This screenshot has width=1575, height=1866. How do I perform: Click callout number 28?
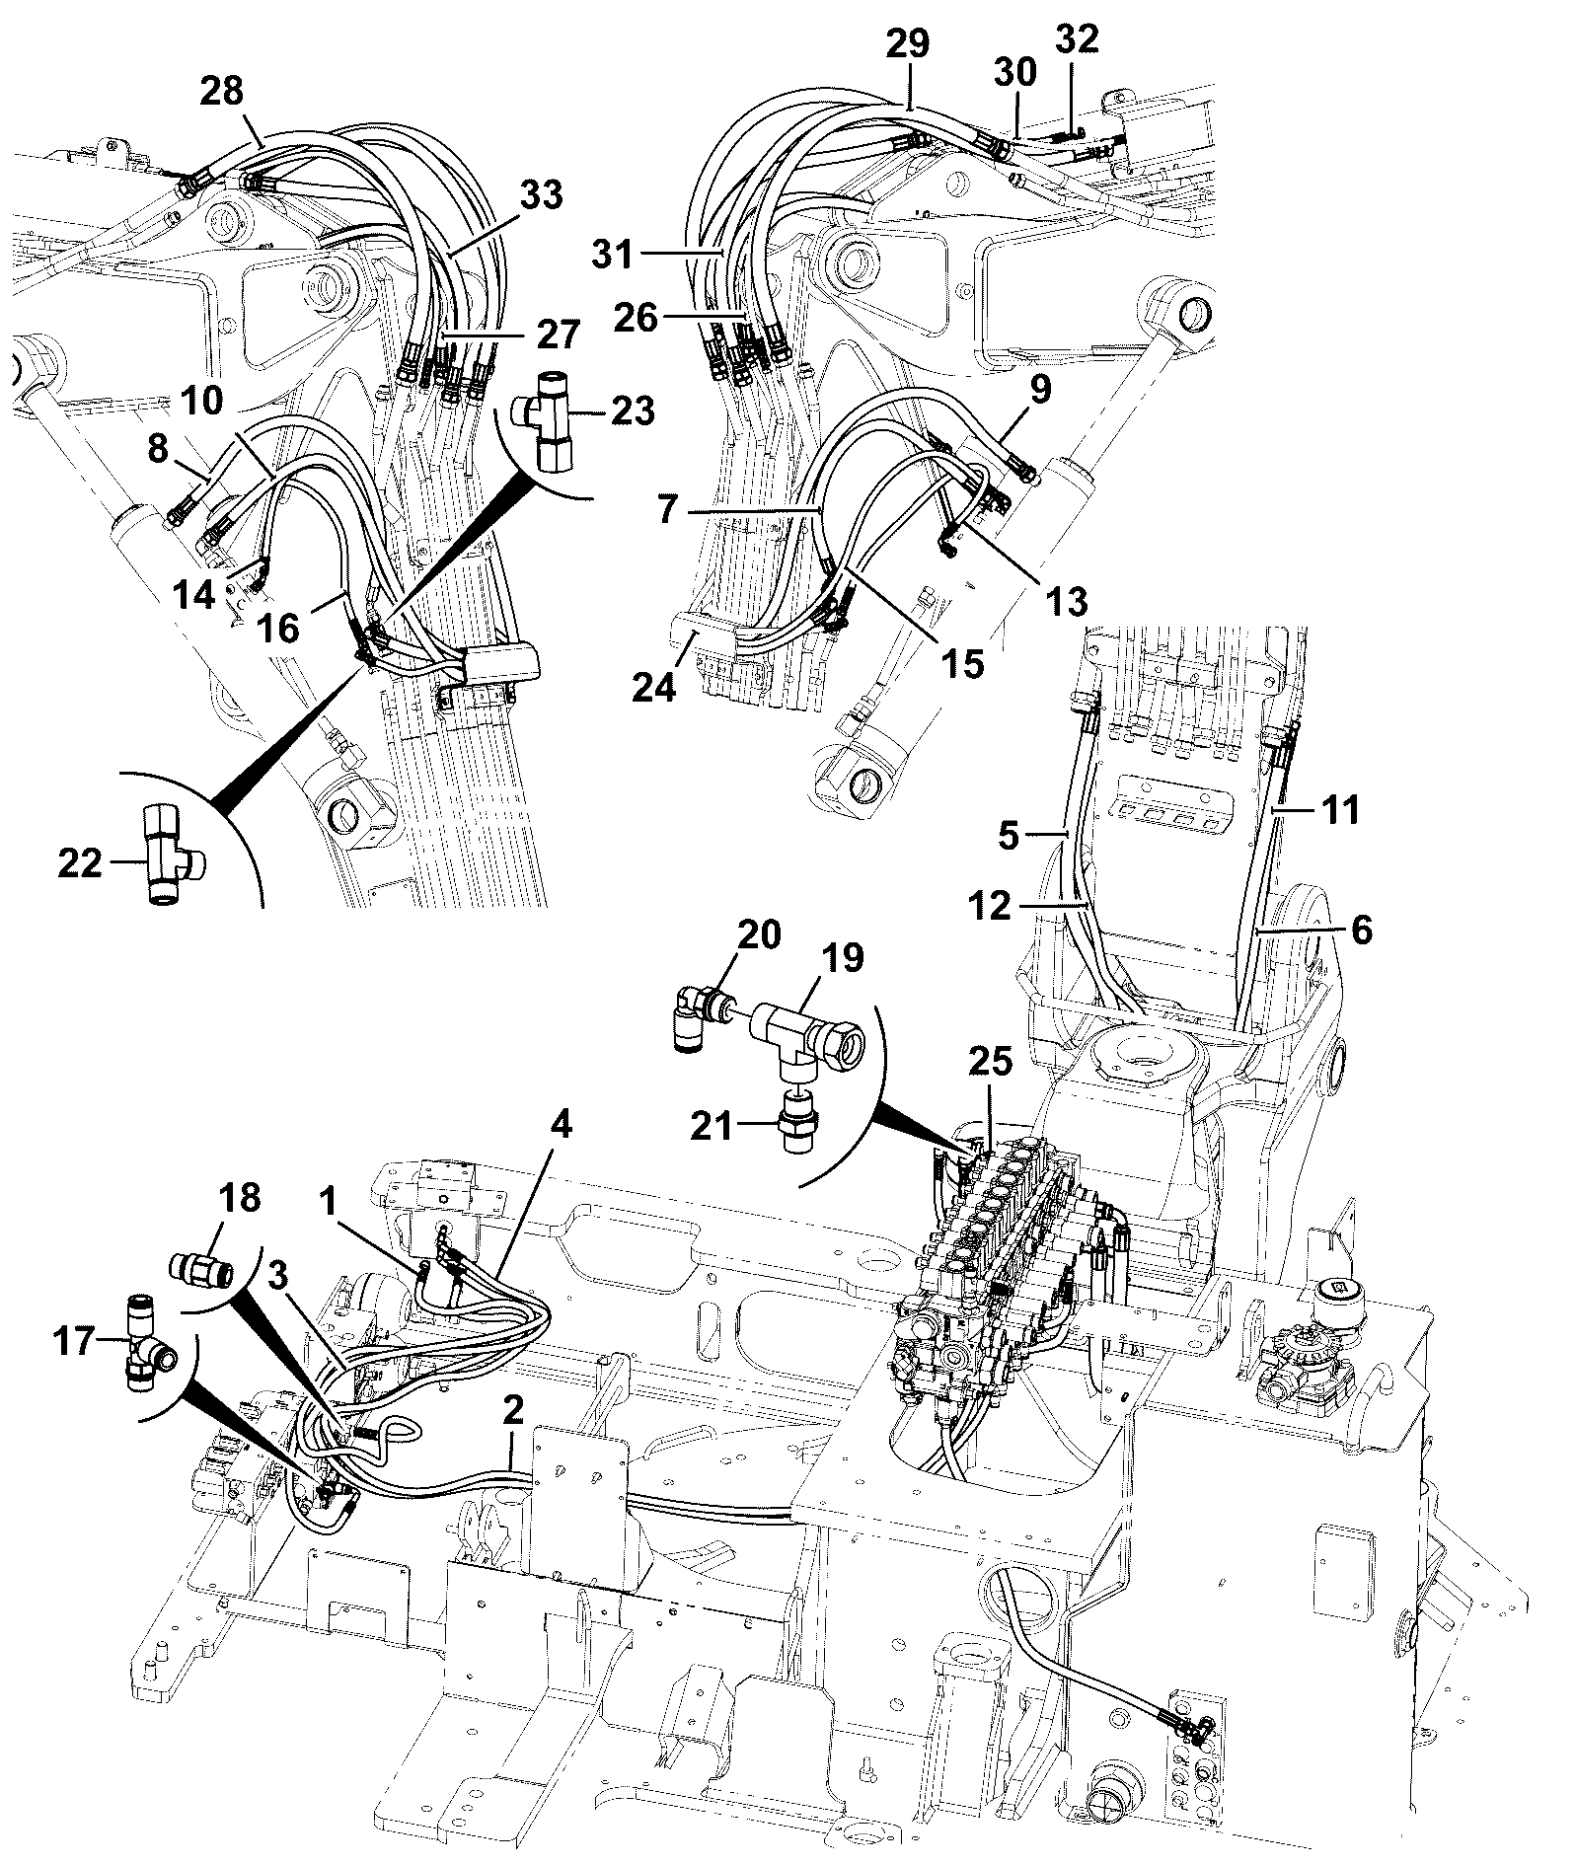[x=222, y=92]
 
